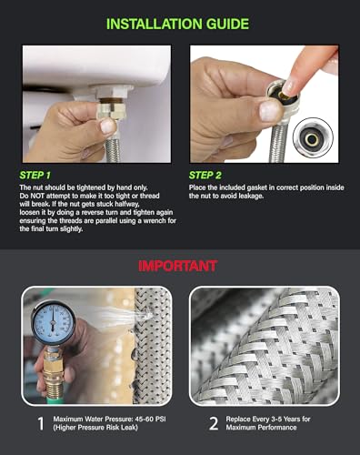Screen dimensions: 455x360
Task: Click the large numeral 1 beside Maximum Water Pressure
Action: pos(39,422)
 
